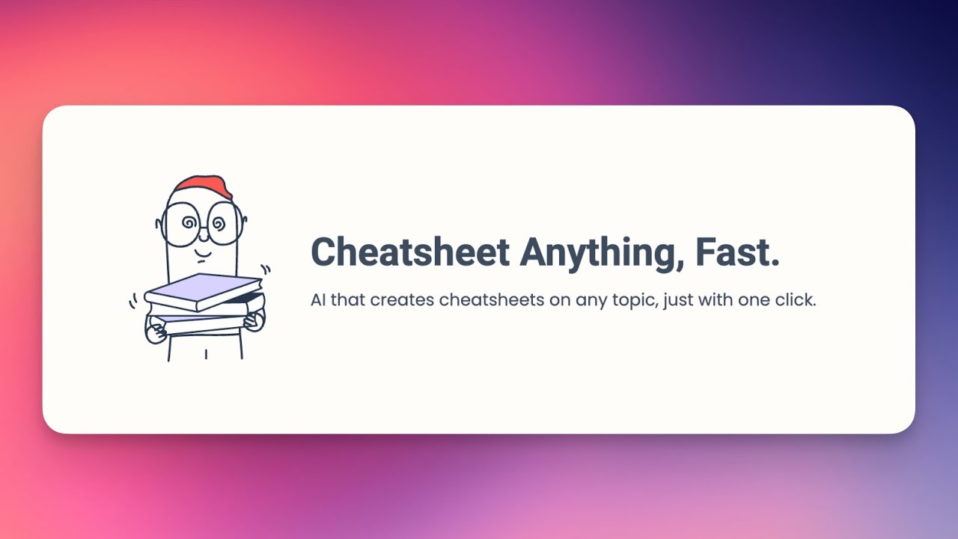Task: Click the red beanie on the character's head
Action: pyautogui.click(x=202, y=187)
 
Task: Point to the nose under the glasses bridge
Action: pyautogui.click(x=203, y=235)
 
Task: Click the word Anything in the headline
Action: pyautogui.click(x=601, y=252)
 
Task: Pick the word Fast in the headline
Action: pyautogui.click(x=737, y=252)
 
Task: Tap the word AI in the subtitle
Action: pyautogui.click(x=318, y=300)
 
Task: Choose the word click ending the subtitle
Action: pyautogui.click(x=794, y=300)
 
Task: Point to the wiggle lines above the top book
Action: pyautogui.click(x=265, y=269)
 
